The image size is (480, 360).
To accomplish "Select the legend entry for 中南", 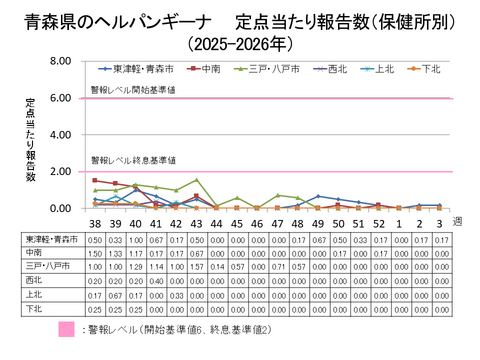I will point(208,69).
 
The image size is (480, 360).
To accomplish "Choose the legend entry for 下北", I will point(427,69).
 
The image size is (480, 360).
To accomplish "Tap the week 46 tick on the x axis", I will point(256,222).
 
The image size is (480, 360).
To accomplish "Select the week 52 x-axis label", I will point(378,222).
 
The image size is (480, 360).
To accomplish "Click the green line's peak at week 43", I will point(196,180).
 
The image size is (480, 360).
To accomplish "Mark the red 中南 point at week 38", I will point(94,181).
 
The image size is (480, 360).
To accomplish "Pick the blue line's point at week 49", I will point(318,197).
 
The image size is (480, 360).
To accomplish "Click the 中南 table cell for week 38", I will point(94,254).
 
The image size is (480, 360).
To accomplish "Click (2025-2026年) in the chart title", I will point(239,43).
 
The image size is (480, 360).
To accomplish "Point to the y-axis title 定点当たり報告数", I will point(31,139).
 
